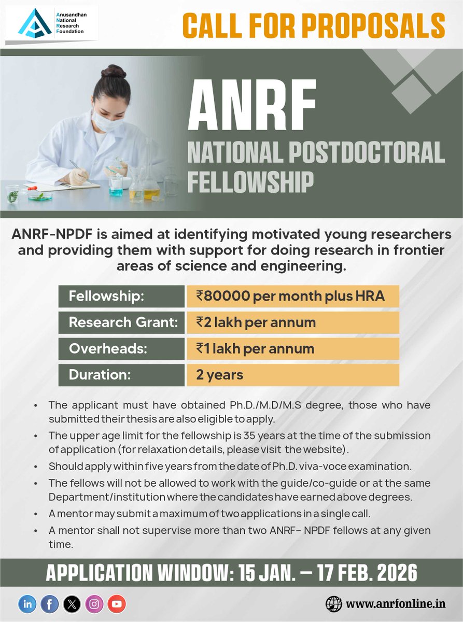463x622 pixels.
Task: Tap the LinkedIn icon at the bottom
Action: tap(27, 603)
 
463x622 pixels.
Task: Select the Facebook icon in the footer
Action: tap(49, 603)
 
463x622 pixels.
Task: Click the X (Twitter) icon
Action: tap(72, 603)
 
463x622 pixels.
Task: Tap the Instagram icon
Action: tap(94, 603)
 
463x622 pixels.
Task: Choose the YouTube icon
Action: tap(117, 603)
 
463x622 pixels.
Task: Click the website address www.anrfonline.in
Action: tap(396, 604)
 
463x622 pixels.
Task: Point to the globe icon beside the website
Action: tap(334, 604)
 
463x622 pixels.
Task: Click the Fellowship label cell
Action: tap(121, 296)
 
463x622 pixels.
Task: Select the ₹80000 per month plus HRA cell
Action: tap(292, 296)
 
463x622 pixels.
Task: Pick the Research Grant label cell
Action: tap(121, 322)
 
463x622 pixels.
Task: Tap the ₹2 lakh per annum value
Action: tap(256, 322)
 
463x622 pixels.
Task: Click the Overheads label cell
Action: tap(121, 349)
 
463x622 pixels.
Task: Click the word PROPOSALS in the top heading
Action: tap(372, 25)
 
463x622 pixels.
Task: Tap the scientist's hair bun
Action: tap(113, 71)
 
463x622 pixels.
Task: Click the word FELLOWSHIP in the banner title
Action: tap(250, 181)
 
